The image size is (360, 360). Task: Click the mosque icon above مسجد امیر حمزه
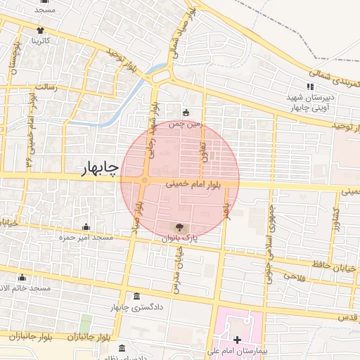[x=86, y=226]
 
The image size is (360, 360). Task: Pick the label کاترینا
[x=39, y=41]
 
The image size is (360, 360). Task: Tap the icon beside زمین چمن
[x=186, y=112]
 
